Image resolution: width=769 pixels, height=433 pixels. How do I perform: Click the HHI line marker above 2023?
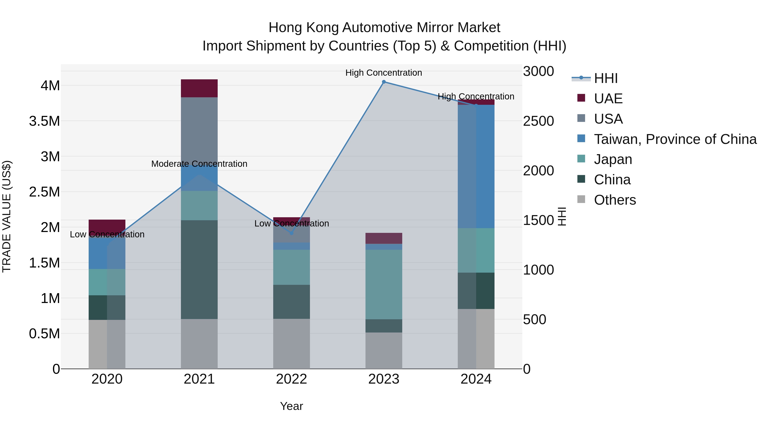[384, 82]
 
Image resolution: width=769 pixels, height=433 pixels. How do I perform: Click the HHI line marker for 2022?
[292, 233]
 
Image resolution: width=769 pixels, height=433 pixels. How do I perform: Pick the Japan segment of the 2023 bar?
[384, 284]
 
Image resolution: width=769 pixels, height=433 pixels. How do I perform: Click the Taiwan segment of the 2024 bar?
[476, 166]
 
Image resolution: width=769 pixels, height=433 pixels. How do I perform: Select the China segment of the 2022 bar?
[292, 301]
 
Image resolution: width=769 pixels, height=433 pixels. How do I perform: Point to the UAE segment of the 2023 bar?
[384, 238]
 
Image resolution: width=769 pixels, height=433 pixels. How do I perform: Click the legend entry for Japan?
[613, 159]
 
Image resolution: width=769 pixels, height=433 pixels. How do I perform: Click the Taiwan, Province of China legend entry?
[675, 139]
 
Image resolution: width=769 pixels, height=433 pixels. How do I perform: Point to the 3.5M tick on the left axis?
[44, 121]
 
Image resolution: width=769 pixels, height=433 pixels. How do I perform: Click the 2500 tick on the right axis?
[538, 121]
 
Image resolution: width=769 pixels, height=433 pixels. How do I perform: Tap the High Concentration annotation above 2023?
[384, 73]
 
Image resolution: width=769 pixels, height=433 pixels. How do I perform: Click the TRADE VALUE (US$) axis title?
[7, 216]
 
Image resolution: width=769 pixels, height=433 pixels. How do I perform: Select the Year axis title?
[291, 406]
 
